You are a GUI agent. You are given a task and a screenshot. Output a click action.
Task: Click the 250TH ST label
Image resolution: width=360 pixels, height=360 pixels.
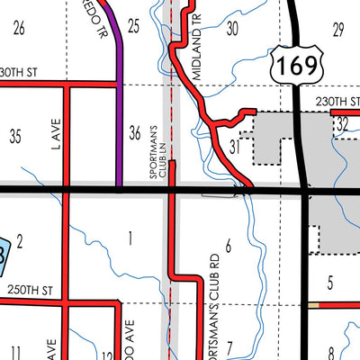coord(35,293)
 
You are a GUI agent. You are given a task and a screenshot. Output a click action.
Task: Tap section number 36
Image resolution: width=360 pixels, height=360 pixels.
coord(135,133)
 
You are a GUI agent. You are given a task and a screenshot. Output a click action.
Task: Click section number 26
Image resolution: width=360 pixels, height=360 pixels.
coord(18,28)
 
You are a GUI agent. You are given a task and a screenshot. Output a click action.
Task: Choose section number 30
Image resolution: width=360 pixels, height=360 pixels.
coord(232,28)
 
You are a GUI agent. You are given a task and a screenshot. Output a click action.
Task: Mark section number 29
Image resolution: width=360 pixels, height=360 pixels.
coord(337,31)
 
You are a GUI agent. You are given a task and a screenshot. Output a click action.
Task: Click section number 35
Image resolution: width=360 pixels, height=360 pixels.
coord(15,137)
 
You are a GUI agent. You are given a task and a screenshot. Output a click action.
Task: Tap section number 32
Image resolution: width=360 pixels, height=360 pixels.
coord(342,125)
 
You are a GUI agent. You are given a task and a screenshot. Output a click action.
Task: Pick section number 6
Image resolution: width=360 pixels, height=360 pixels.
coord(229,245)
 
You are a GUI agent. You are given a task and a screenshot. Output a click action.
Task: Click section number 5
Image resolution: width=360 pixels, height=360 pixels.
coord(330,284)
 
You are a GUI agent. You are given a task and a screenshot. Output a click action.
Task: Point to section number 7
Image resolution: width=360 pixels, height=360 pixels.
coord(229,346)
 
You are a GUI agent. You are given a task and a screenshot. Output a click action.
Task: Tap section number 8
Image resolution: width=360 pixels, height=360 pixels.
coord(331,352)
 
